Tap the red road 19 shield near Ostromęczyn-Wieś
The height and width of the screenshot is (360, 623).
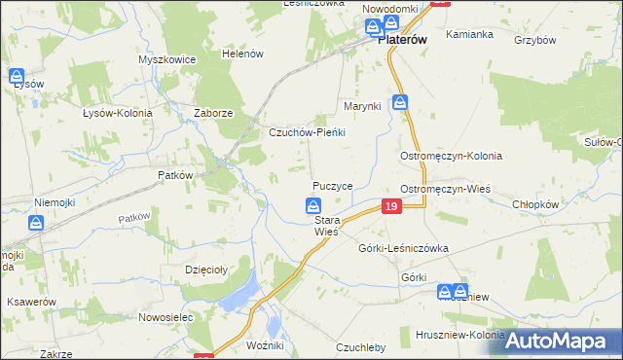(x=391, y=206)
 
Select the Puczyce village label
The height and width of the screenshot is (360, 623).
(x=332, y=185)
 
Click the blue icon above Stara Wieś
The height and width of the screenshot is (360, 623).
(x=313, y=205)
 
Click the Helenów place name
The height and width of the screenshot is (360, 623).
(x=243, y=54)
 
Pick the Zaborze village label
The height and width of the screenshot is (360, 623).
(x=212, y=113)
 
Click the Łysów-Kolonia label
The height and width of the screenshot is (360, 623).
(x=118, y=113)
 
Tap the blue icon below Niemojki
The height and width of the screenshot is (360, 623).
(x=35, y=223)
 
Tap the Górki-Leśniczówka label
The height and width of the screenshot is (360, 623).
(x=403, y=248)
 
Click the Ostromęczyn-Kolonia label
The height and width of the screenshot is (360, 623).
(x=451, y=156)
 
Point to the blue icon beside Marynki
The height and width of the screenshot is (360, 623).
(x=400, y=102)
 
